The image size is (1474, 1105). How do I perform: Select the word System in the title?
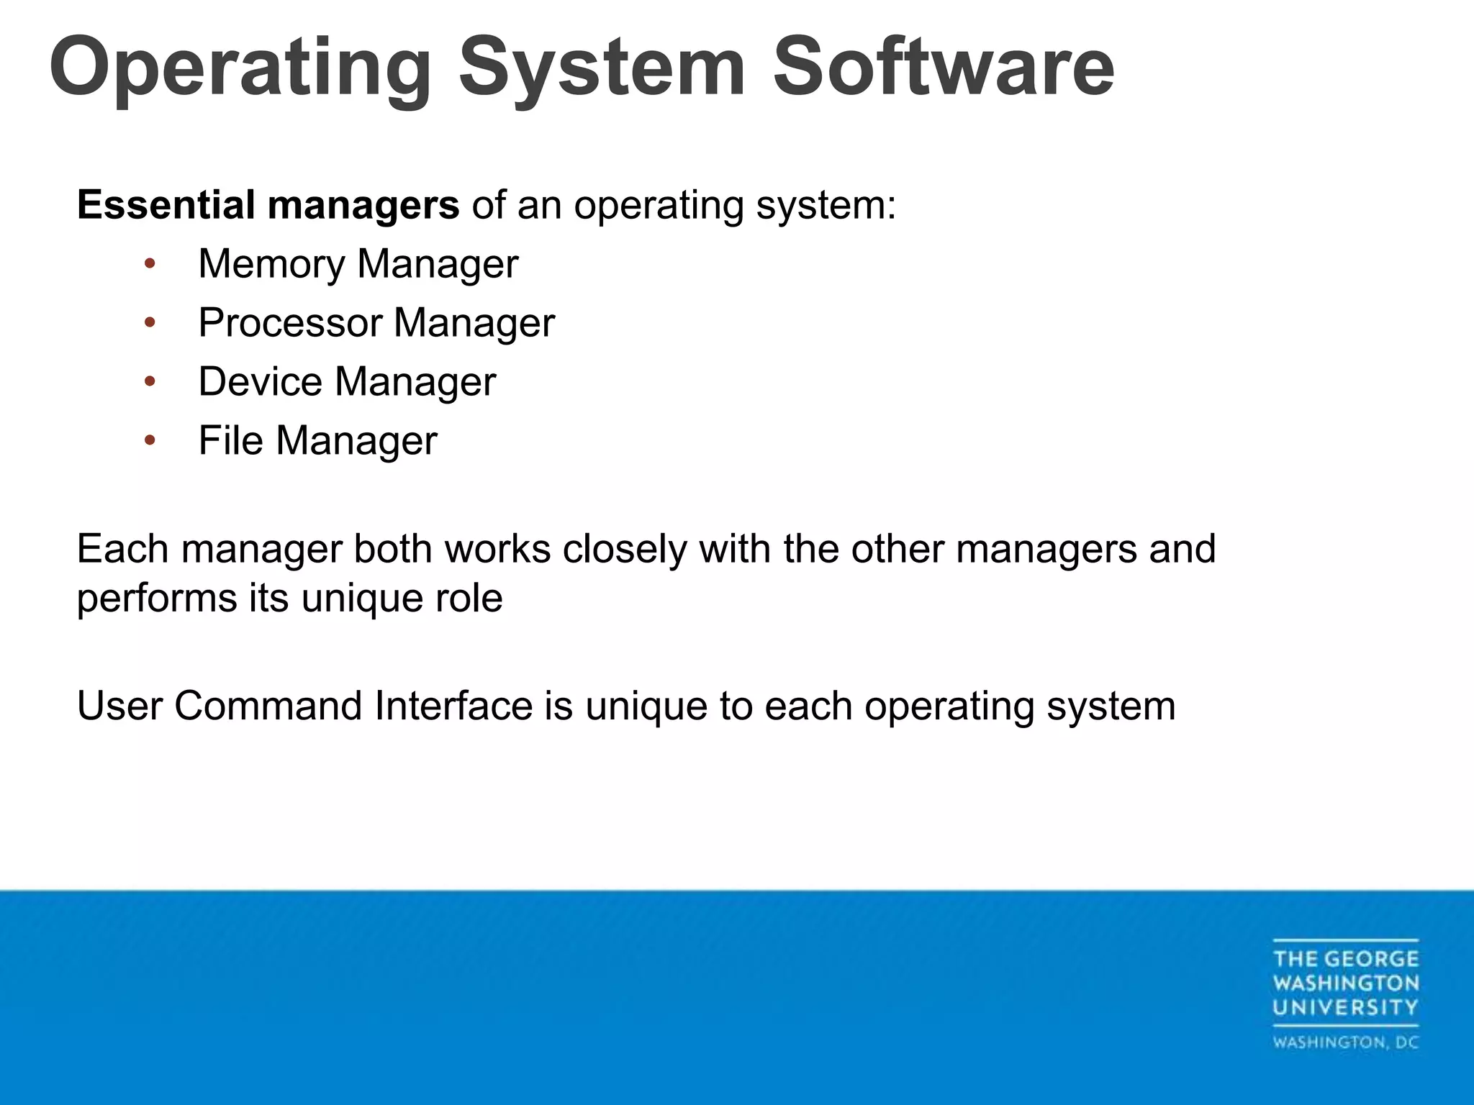pyautogui.click(x=602, y=68)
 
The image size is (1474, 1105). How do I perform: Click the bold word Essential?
pyautogui.click(x=166, y=204)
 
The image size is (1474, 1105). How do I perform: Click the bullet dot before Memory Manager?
pyautogui.click(x=150, y=264)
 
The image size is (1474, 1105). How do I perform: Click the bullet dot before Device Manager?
pyautogui.click(x=150, y=381)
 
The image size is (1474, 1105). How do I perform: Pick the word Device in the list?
pyautogui.click(x=260, y=381)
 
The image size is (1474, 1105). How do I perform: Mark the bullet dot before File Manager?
pyautogui.click(x=150, y=440)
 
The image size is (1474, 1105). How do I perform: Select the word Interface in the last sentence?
pyautogui.click(x=453, y=706)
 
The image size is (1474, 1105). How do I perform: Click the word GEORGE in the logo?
pyautogui.click(x=1371, y=959)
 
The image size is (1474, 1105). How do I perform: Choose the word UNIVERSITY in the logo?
pyautogui.click(x=1345, y=1007)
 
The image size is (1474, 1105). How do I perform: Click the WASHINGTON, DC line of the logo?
pyautogui.click(x=1345, y=1042)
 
